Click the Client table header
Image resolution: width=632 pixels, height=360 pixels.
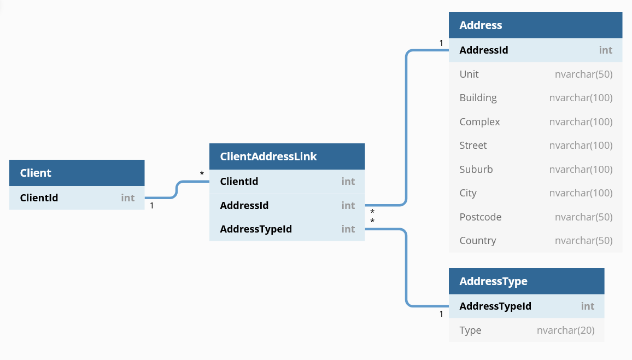point(36,173)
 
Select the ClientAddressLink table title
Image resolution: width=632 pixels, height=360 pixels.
point(268,156)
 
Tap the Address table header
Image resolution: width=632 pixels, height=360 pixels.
point(481,25)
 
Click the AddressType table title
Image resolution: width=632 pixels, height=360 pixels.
point(493,281)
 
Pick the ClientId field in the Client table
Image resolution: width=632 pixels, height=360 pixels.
point(39,198)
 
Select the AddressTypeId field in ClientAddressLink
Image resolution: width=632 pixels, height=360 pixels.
point(256,229)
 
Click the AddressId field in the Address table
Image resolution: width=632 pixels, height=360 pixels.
point(484,50)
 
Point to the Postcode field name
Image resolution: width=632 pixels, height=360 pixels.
point(480,217)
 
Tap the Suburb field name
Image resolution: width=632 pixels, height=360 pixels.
point(476,170)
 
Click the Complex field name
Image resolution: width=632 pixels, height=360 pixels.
point(479,122)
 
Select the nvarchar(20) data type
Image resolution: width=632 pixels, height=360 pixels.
point(565,330)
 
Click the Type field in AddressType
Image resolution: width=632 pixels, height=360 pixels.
point(470,330)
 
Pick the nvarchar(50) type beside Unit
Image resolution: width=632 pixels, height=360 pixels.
point(583,74)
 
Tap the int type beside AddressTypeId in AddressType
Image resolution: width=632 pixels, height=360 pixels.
point(587,306)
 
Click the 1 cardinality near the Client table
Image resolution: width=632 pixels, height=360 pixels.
point(151,206)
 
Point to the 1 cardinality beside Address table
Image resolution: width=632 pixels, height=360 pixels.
point(441,43)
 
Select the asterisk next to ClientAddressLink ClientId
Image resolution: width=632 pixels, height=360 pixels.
point(202,174)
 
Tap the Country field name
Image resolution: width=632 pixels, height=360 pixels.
point(478,241)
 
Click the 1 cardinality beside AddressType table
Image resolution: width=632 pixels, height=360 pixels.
point(441,314)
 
